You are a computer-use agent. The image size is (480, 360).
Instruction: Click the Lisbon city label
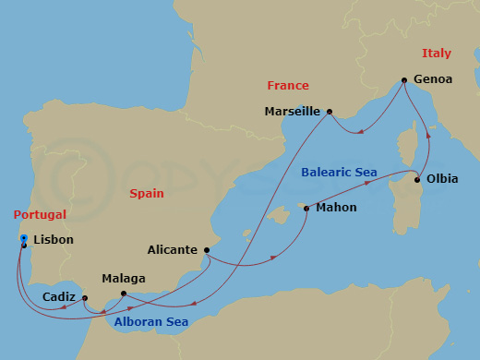[53, 240]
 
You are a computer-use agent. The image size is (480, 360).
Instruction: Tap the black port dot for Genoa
[404, 79]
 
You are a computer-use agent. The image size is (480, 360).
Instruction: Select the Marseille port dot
[329, 111]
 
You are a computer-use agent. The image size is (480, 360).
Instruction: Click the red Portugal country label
[41, 215]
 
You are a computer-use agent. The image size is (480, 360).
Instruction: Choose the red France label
[288, 86]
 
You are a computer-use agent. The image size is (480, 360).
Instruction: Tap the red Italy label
[437, 54]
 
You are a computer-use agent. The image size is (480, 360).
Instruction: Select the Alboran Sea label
[150, 322]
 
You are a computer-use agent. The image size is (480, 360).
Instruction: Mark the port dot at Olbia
[417, 180]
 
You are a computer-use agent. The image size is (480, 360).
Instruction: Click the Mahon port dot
[306, 209]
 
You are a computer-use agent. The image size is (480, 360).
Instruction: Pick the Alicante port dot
[207, 249]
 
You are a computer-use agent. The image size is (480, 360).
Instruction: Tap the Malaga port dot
[123, 294]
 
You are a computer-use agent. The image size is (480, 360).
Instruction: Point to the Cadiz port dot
[84, 298]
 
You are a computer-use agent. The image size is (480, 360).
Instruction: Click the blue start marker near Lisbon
[23, 239]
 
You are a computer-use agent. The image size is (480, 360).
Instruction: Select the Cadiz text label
[59, 297]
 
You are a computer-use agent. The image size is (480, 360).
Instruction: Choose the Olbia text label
[438, 179]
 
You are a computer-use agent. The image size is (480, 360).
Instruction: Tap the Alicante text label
[173, 250]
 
